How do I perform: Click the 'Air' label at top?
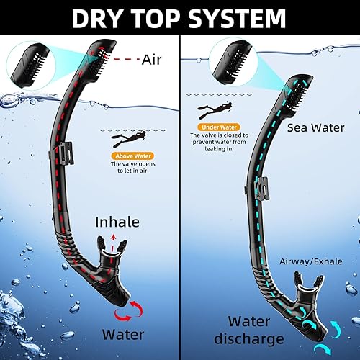coord(152,61)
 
